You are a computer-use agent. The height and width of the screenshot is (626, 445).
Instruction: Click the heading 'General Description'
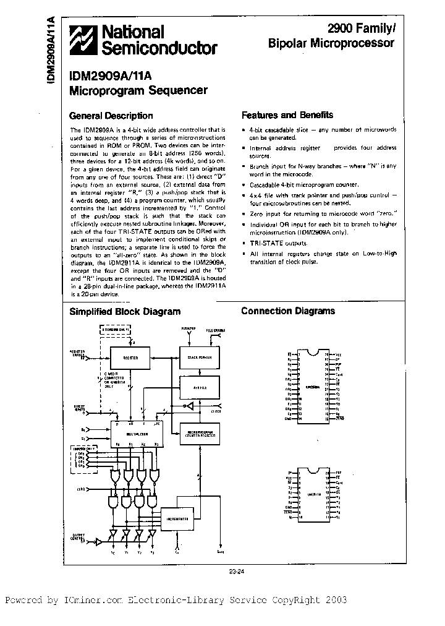click(x=111, y=116)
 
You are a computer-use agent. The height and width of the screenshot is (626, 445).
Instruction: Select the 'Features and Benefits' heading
click(x=287, y=115)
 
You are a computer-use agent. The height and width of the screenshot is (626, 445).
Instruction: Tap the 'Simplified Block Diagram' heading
click(x=124, y=312)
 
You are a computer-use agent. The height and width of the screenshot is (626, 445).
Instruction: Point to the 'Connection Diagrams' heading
click(x=287, y=311)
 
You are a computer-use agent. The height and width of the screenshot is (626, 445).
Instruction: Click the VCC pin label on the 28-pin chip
click(x=338, y=354)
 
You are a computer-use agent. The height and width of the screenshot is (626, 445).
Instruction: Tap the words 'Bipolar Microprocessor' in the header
click(x=331, y=44)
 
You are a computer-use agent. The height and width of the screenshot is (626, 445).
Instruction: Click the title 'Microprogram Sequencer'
click(x=137, y=90)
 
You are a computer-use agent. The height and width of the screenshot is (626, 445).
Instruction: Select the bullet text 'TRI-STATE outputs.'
click(x=275, y=244)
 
